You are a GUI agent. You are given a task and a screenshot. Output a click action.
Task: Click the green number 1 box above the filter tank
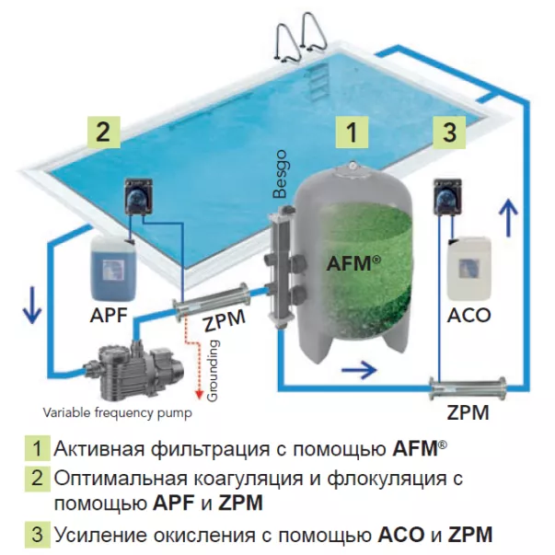[351, 132]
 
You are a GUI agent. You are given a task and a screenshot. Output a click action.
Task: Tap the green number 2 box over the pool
[104, 131]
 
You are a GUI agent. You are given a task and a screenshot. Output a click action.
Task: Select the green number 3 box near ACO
[449, 132]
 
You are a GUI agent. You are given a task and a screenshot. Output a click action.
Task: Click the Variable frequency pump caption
[119, 411]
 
